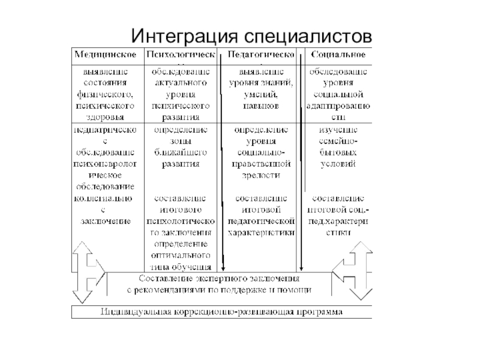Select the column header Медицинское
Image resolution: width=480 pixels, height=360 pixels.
pyautogui.click(x=104, y=55)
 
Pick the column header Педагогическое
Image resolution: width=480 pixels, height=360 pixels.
pyautogui.click(x=260, y=55)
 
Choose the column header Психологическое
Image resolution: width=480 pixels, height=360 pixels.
pyautogui.click(x=181, y=55)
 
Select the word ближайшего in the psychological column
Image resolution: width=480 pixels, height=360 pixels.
pyautogui.click(x=181, y=152)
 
